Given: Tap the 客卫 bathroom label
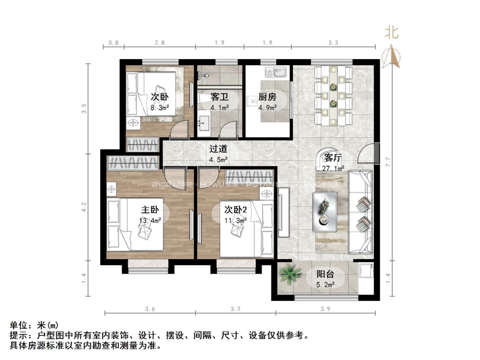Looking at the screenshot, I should coord(219,97).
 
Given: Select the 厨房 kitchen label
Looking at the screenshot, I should coord(267,97).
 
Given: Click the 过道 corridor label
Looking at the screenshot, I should coord(218,149).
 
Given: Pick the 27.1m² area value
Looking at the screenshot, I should coord(333,168).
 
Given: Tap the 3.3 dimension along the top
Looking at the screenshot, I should coord(333,43).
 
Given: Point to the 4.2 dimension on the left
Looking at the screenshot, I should coord(84,207).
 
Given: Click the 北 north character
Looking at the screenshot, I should coord(392,32).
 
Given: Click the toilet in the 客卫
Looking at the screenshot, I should coord(205,99).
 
